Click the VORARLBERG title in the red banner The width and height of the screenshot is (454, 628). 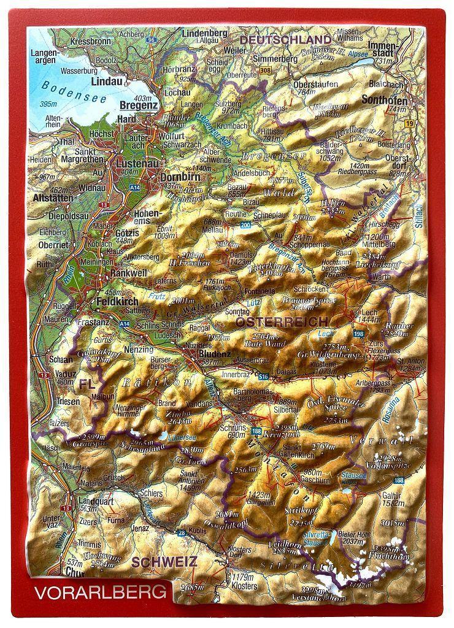(x=101, y=592)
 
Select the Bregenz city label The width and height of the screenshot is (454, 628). (x=139, y=105)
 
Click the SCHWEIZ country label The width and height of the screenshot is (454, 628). (x=163, y=561)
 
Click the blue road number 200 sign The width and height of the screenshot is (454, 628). (x=246, y=226)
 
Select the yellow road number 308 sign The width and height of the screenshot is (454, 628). (x=264, y=71)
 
